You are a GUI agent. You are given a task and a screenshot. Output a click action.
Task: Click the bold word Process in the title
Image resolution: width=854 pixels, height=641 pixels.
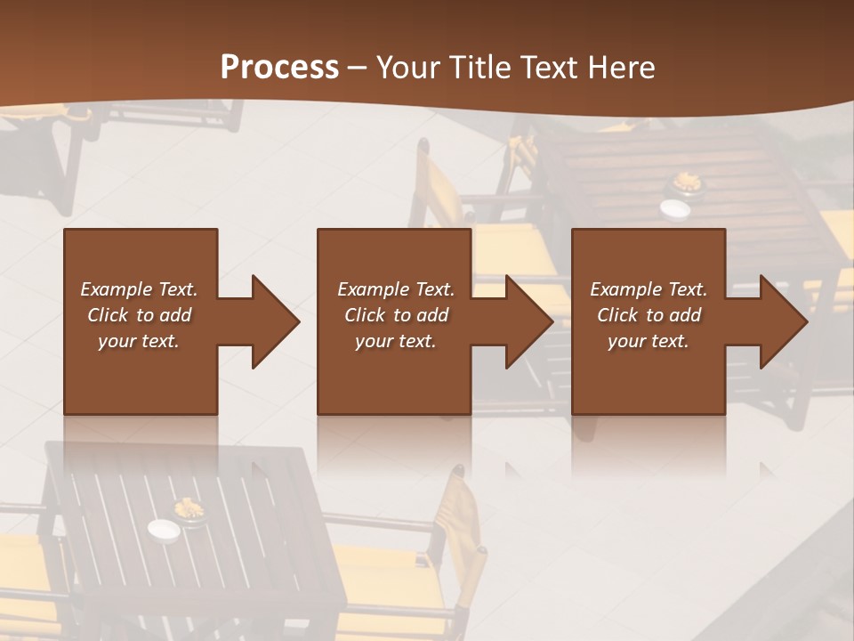(279, 68)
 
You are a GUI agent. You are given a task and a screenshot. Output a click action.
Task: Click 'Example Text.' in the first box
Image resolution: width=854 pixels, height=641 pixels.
(139, 289)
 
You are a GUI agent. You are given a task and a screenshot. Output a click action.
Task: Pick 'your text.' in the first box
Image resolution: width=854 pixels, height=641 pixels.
(139, 341)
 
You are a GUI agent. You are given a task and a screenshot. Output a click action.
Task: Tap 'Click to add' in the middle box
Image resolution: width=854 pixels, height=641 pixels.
(396, 315)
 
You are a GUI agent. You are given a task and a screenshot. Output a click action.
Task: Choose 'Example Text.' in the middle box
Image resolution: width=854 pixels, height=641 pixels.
(396, 289)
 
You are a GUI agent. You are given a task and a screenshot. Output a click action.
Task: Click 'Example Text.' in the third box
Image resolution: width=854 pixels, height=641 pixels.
(649, 289)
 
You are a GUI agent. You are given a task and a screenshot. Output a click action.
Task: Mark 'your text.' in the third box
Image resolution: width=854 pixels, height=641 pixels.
(649, 341)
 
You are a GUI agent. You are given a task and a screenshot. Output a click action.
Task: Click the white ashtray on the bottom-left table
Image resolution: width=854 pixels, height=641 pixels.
(164, 530)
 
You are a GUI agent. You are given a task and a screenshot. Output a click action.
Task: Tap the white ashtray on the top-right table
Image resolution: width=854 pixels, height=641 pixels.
(675, 208)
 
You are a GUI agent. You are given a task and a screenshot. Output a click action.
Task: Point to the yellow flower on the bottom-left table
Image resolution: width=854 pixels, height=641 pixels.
(189, 508)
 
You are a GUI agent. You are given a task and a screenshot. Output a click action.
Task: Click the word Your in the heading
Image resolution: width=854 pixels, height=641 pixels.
(407, 68)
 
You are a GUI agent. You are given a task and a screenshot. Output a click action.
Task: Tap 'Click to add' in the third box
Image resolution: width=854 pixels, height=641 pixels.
(649, 315)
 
